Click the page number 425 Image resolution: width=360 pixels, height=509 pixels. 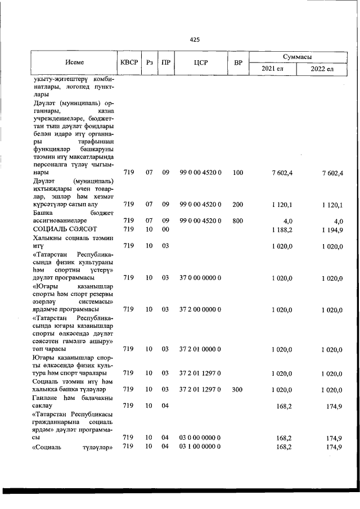click(195, 39)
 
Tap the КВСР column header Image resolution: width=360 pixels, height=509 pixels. click(128, 62)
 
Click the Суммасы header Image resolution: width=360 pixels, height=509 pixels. click(298, 57)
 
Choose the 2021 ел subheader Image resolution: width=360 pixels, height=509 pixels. click(273, 69)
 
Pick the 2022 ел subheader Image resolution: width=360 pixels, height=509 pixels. click(322, 69)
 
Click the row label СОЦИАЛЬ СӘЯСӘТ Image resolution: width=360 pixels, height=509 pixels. click(65, 229)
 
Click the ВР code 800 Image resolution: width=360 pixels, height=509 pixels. click(238, 220)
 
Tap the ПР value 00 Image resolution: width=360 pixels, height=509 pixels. click(166, 229)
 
